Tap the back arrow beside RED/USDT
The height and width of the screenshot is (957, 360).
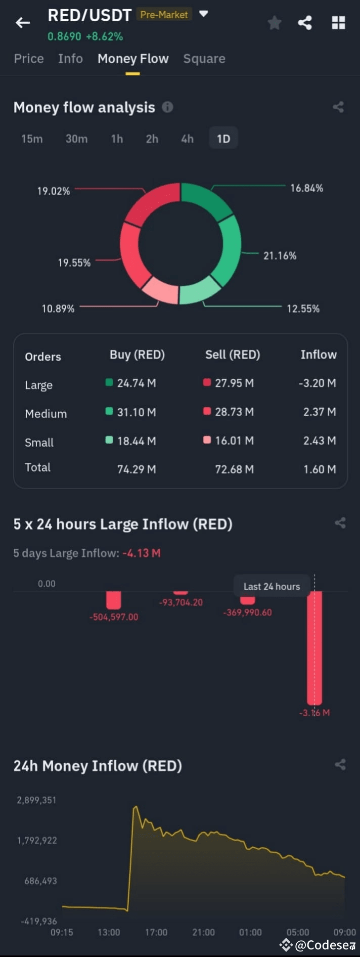(23, 23)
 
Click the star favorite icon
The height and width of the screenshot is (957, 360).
(275, 23)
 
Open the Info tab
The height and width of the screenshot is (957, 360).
(70, 59)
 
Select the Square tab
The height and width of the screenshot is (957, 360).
(204, 59)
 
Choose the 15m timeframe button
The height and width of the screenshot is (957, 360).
(32, 139)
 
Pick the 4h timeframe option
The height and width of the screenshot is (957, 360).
(187, 139)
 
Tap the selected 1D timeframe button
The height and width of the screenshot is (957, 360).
(223, 139)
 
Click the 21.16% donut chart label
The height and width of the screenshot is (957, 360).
(280, 255)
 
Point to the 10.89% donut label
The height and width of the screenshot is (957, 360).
(58, 309)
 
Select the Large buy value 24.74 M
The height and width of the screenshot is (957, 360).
(136, 383)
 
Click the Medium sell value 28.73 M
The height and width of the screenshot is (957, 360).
(234, 412)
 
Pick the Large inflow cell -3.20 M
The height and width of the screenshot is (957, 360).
(317, 383)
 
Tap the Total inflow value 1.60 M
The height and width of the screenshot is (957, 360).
(320, 469)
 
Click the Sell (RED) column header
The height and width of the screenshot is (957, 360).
(233, 355)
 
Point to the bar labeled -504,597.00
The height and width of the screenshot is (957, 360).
(114, 600)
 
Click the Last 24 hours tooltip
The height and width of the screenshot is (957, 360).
(272, 586)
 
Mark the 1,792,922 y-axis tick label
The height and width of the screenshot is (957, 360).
(37, 841)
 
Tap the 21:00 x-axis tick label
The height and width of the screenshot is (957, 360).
(203, 932)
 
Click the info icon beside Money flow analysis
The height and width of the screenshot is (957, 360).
(167, 107)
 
